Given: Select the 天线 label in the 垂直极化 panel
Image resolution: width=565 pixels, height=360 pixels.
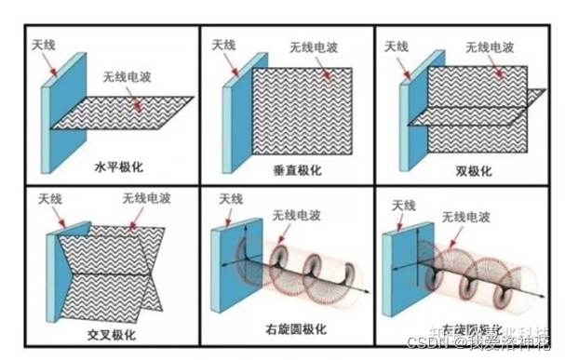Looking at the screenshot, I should [223, 44].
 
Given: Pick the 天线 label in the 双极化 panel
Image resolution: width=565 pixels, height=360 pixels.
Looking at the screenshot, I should [396, 46].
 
